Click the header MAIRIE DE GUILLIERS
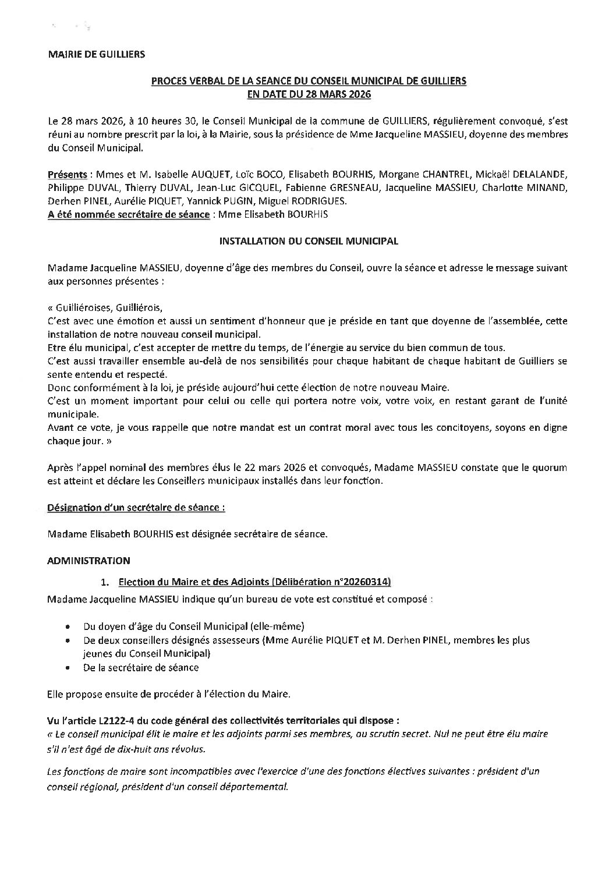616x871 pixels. [x=97, y=55]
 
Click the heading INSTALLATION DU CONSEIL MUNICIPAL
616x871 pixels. [x=308, y=241]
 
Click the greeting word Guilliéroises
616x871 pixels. [x=80, y=308]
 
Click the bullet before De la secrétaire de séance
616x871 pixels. [x=69, y=667]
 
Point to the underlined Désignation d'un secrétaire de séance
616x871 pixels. [x=136, y=508]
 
